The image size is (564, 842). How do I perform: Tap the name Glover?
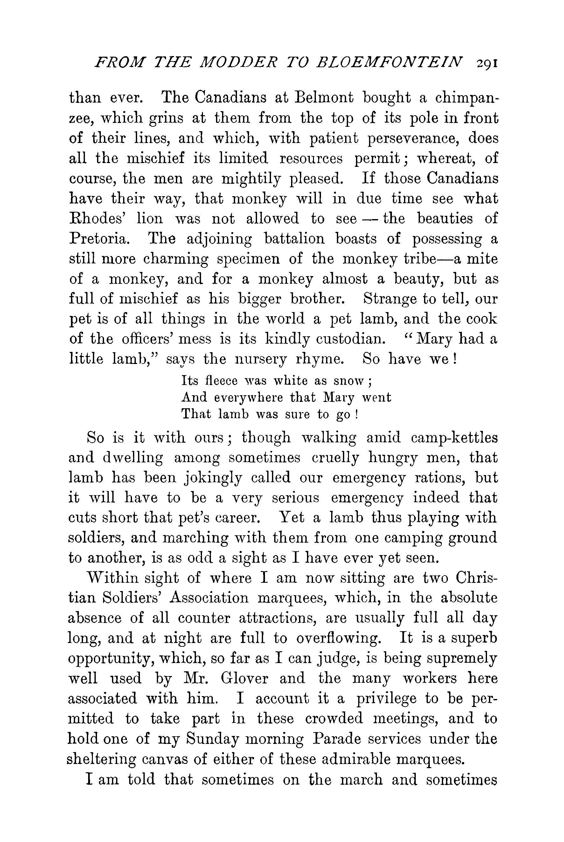[244, 679]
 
